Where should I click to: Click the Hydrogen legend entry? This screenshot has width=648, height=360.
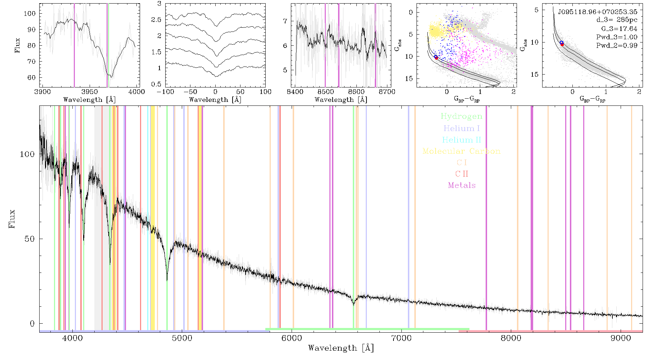click(x=462, y=116)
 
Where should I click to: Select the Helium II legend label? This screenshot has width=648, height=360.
click(x=462, y=140)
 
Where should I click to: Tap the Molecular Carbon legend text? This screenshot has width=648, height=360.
click(x=462, y=151)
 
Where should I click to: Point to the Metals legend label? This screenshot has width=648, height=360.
click(x=462, y=185)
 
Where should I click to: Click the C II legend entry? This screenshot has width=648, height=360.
click(x=462, y=174)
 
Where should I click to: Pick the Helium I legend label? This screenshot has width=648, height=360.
click(x=462, y=128)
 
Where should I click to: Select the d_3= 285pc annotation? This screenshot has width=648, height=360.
click(x=617, y=20)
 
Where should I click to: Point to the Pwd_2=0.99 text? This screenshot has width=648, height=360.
click(x=617, y=45)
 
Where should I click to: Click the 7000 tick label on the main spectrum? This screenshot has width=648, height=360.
click(x=401, y=338)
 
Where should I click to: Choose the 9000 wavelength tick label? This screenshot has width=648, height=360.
click(x=621, y=338)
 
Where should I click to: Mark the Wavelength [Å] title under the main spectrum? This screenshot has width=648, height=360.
click(x=341, y=348)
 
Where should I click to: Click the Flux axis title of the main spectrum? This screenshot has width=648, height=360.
click(x=12, y=219)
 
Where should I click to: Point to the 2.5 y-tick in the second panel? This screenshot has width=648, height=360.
click(x=156, y=19)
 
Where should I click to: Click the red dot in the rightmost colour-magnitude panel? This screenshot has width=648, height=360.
click(x=562, y=45)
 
